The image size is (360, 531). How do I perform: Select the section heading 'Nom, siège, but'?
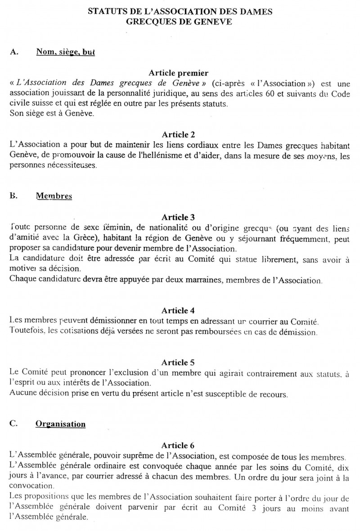tap(65, 52)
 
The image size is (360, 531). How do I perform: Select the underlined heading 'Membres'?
tap(54, 196)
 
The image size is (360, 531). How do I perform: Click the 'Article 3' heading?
tap(180, 217)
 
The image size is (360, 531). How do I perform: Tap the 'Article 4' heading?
tap(180, 311)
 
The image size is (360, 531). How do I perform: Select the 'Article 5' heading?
tap(180, 362)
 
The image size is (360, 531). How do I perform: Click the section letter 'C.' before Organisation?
tap(13, 424)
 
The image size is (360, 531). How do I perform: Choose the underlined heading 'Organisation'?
tap(60, 424)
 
